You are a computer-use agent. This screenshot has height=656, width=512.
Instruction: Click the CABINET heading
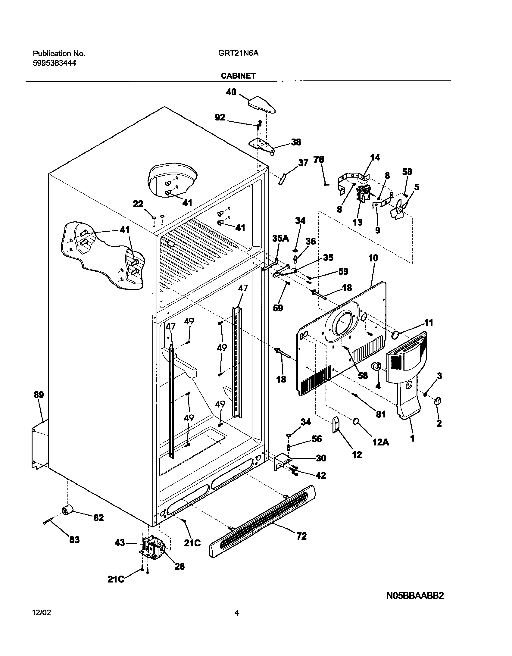point(238,76)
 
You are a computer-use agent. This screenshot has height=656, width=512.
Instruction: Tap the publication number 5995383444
point(54,63)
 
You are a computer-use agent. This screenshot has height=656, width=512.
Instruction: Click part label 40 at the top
point(231,92)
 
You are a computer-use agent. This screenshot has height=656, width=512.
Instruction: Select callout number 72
point(301,536)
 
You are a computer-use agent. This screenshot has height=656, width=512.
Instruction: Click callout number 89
point(39,395)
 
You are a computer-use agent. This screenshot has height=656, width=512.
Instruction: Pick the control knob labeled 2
point(437,401)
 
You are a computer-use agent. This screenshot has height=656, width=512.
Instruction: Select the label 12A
point(381,442)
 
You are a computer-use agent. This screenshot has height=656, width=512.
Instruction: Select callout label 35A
point(280,239)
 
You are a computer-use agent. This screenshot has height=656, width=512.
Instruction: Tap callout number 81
point(381,414)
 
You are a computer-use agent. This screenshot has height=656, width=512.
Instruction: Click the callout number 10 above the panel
point(373,258)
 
